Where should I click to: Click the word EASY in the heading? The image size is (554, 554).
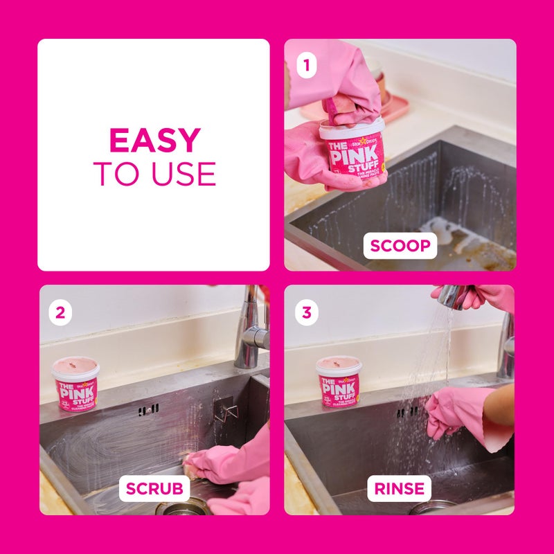click(154, 141)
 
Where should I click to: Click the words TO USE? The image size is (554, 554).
click(154, 174)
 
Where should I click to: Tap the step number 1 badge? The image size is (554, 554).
click(305, 67)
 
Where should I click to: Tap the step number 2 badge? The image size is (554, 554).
click(60, 312)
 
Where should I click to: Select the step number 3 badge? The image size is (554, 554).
click(305, 312)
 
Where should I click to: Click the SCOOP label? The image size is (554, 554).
click(400, 245)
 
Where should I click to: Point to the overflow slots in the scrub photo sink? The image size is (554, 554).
click(147, 411)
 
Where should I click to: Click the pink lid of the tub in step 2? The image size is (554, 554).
click(75, 366)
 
